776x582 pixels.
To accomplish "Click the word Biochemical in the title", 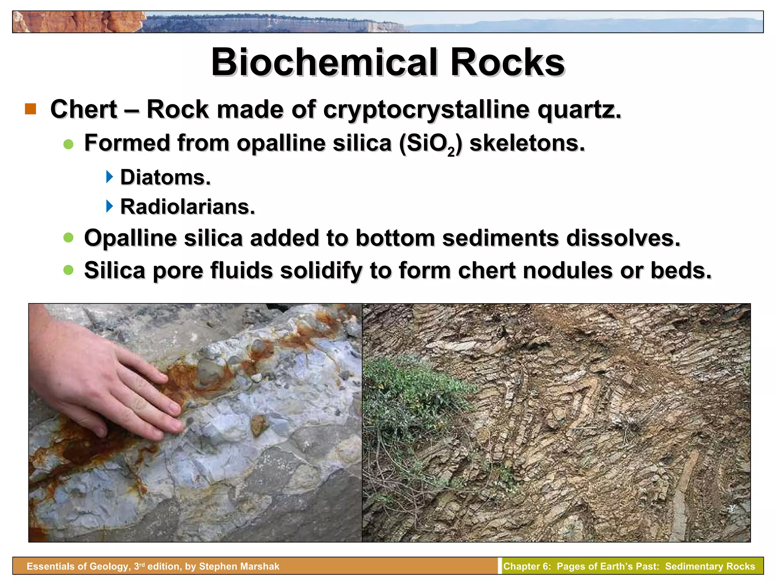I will [x=324, y=63].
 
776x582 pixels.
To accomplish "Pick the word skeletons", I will [x=527, y=143].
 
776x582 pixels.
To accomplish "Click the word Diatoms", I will [x=165, y=177].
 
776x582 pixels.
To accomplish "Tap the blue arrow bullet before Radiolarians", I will [x=110, y=207].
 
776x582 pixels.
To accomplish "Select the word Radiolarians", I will [x=188, y=207].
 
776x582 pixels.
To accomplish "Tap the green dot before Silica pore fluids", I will [x=69, y=270].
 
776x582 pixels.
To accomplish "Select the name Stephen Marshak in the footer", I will [x=239, y=566].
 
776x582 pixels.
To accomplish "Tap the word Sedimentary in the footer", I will [x=689, y=566].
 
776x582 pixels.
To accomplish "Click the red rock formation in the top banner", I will [x=76, y=22].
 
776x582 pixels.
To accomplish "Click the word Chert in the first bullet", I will [x=84, y=110].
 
